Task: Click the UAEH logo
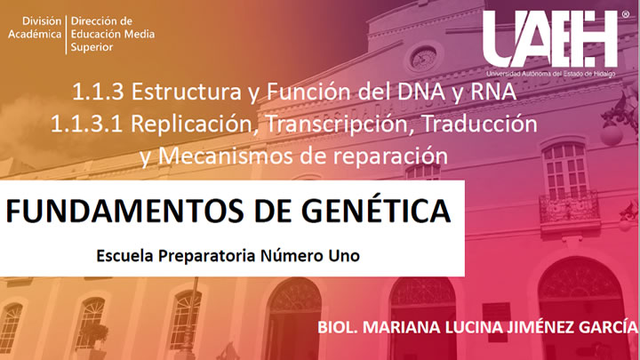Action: [550, 43]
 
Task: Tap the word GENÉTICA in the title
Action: [376, 210]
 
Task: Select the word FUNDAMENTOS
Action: [125, 211]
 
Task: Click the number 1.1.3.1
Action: [86, 124]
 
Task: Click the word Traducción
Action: [479, 124]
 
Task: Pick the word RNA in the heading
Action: [493, 92]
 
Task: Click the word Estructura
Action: [186, 92]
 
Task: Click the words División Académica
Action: [35, 28]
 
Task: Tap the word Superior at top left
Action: [92, 47]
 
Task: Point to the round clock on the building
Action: [423, 58]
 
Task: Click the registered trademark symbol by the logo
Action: [625, 14]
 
